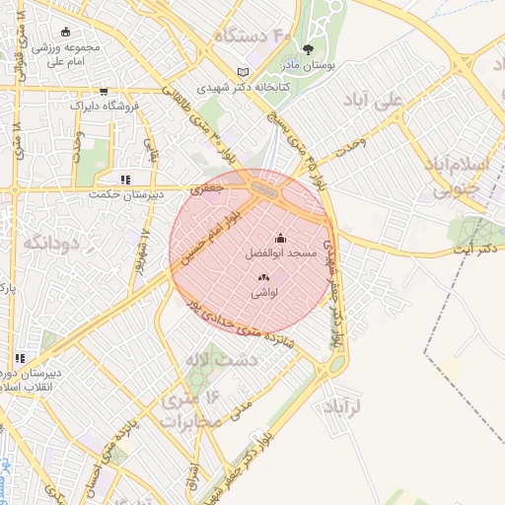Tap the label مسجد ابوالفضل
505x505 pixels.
(x=279, y=253)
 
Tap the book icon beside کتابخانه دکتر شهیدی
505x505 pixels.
(x=244, y=72)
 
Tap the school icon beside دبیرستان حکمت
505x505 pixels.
(x=124, y=180)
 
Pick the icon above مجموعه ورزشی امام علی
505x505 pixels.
(x=65, y=33)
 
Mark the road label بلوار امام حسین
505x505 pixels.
(x=209, y=234)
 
